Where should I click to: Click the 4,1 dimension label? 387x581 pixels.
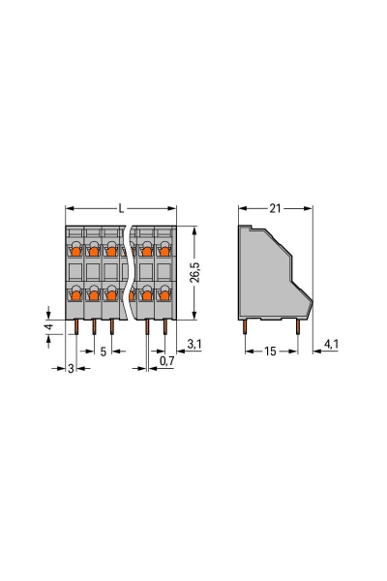pos(330,344)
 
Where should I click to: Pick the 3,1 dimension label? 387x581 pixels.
pos(193,344)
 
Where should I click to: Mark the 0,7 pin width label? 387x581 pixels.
pos(166,361)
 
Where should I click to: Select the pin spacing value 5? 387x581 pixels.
pos(103,352)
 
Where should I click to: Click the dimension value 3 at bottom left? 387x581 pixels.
pos(71,370)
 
